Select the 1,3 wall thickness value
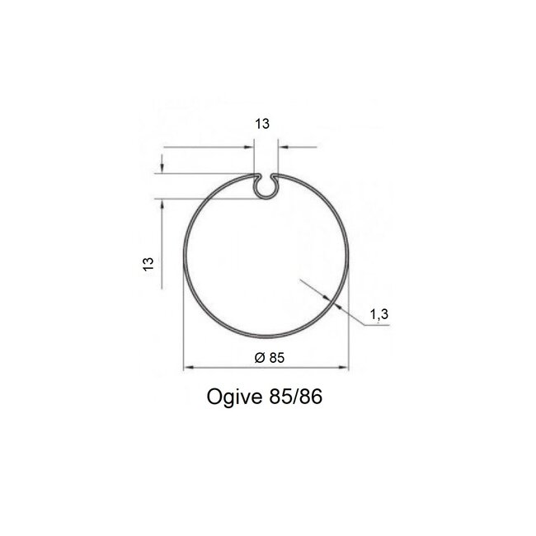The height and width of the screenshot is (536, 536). tap(378, 314)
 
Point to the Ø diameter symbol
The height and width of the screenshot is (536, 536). tap(259, 358)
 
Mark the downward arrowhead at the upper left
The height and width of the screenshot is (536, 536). tap(162, 168)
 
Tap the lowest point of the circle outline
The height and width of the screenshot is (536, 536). tap(266, 337)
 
